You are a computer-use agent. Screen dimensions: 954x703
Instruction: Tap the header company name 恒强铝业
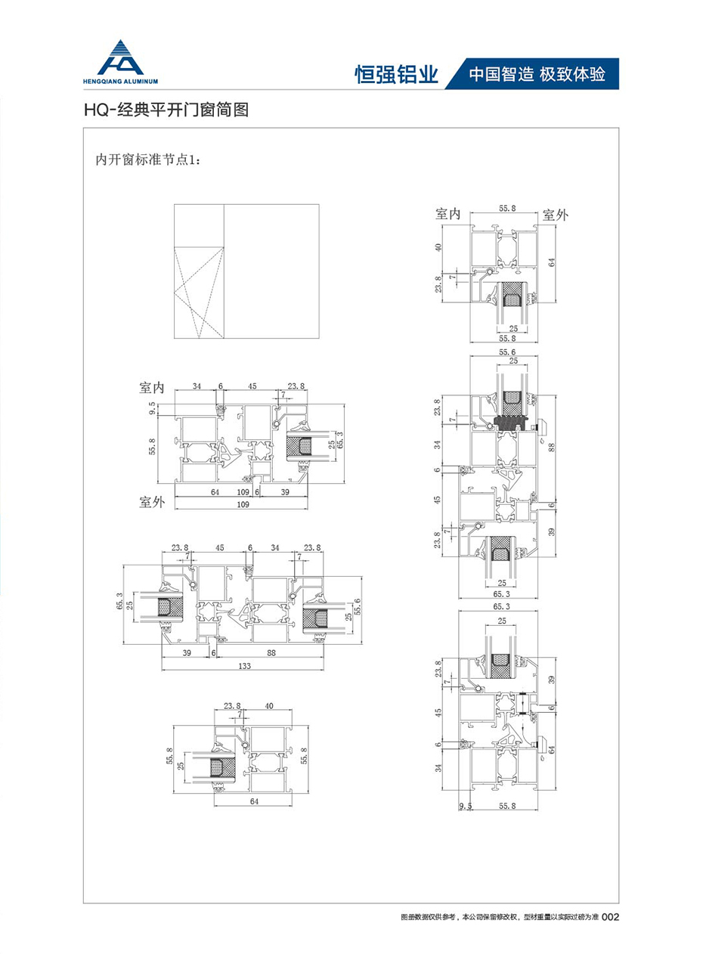[396, 74]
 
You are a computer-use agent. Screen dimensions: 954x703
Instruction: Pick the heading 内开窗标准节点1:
[147, 159]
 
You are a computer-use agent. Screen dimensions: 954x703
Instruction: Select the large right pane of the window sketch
[271, 271]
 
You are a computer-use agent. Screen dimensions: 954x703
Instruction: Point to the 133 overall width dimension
[244, 666]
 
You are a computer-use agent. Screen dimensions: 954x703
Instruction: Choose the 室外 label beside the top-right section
[555, 215]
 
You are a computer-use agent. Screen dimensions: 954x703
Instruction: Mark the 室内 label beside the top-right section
[448, 215]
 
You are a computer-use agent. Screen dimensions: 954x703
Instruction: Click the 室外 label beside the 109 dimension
[152, 500]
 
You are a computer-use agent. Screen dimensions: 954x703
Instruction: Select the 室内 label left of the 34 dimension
[152, 387]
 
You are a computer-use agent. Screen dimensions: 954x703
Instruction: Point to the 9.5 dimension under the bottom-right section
[466, 807]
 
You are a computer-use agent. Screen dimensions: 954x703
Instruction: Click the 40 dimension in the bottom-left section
[269, 706]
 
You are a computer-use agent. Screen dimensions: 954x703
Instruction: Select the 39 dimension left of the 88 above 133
[185, 652]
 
